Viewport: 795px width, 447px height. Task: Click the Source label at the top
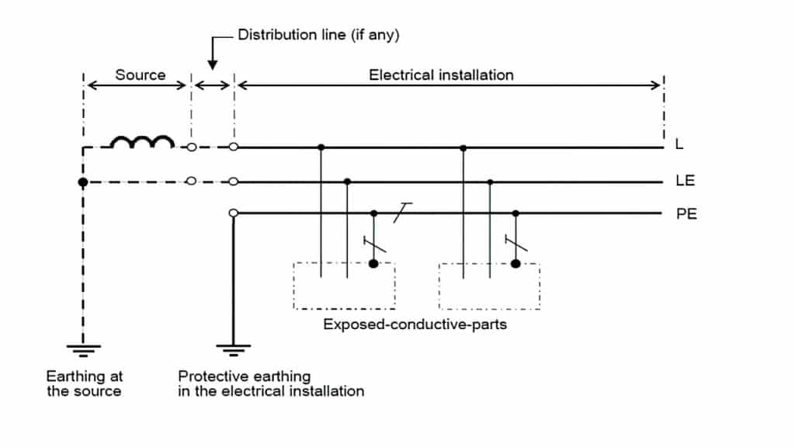141,75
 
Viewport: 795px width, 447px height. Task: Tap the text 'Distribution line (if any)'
318,35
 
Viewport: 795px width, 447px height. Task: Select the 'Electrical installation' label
441,75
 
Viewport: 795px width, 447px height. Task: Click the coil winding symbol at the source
142,143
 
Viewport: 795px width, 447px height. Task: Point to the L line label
680,145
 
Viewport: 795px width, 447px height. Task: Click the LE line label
685,182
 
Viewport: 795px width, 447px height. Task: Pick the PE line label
686,213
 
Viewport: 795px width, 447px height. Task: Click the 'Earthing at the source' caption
84,383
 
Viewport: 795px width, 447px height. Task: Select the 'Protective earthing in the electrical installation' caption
271,383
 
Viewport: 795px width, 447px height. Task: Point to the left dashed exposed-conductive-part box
344,286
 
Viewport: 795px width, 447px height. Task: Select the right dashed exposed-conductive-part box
489,286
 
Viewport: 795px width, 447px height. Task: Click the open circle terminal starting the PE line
233,213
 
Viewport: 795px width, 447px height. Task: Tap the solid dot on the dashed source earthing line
83,182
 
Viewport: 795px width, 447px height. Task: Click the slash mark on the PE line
402,212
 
